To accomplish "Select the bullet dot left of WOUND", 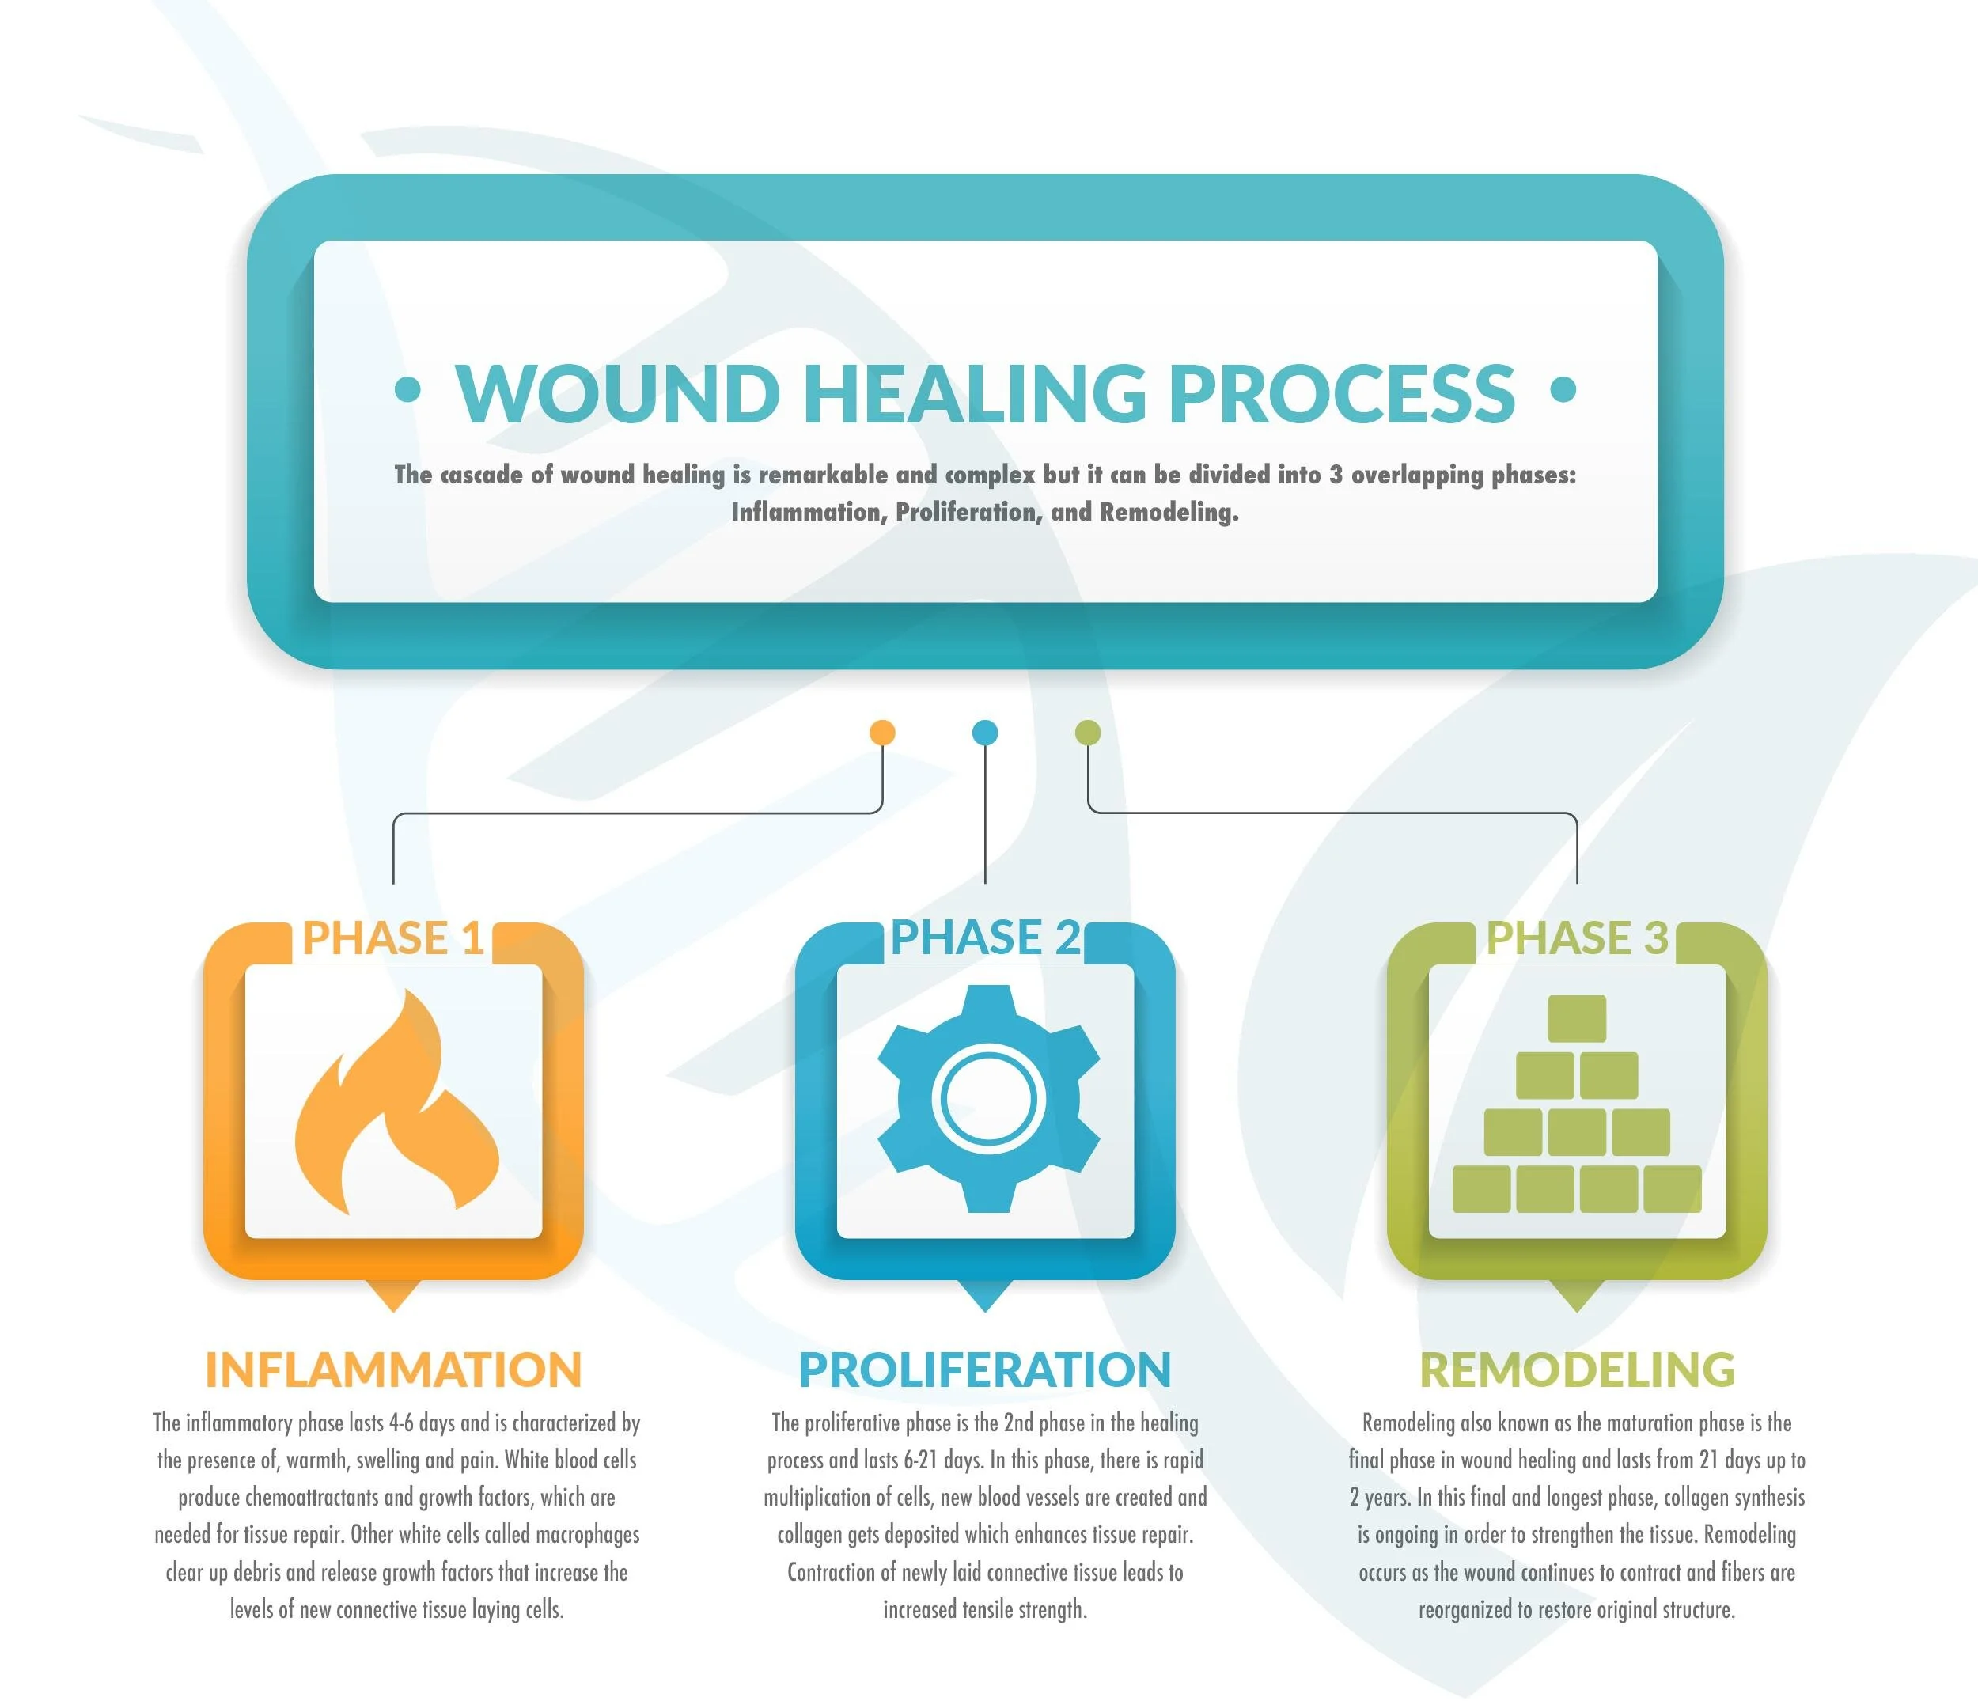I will click(x=407, y=388).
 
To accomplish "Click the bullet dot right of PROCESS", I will click(x=1563, y=388).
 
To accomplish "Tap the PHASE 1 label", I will click(x=392, y=938).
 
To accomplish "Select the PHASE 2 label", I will click(x=985, y=938).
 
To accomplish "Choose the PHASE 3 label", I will click(x=1577, y=938).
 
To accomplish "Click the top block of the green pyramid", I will click(x=1576, y=1017).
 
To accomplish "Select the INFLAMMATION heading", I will click(x=393, y=1370).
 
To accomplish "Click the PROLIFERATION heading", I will click(x=985, y=1370).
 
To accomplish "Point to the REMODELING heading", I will click(x=1577, y=1370).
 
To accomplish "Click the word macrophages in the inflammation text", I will click(x=587, y=1535).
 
